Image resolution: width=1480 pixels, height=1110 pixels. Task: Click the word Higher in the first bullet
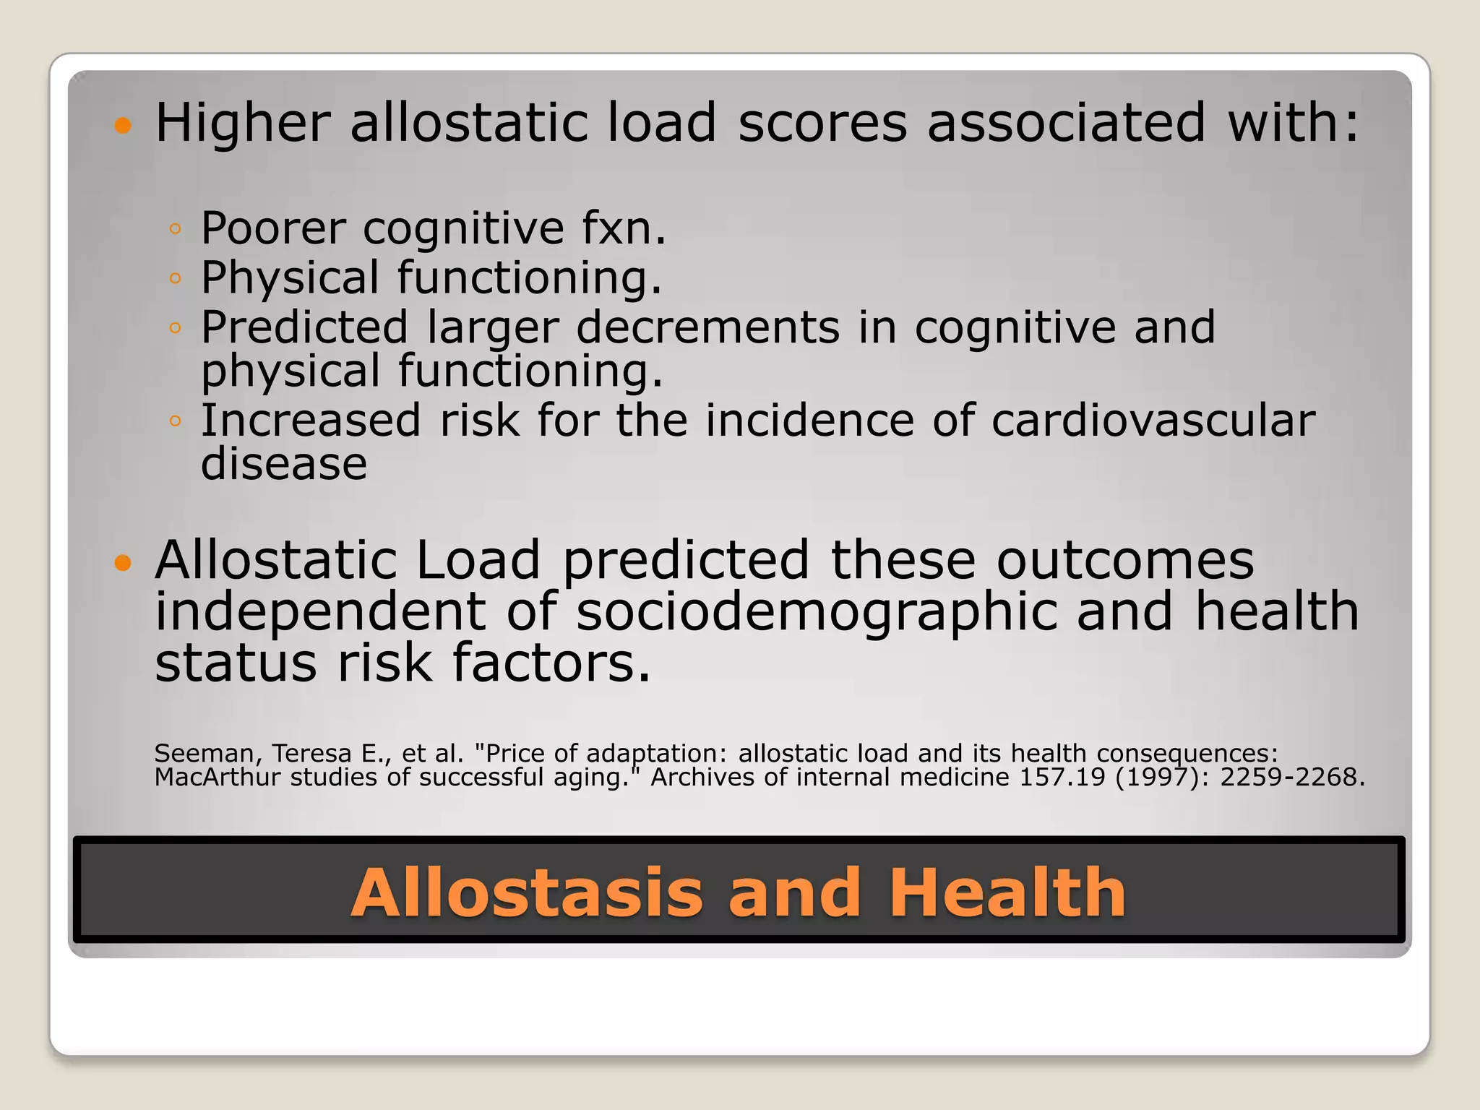[x=243, y=123]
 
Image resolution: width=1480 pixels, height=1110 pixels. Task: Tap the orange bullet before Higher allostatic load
[x=124, y=126]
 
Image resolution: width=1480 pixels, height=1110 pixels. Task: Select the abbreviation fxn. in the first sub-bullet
[x=624, y=228]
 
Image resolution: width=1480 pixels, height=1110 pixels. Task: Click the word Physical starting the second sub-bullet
[x=290, y=278]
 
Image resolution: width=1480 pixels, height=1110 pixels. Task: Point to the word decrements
[x=707, y=327]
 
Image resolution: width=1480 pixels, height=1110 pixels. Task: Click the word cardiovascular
[x=1153, y=421]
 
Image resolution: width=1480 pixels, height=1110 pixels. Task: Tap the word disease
[x=284, y=463]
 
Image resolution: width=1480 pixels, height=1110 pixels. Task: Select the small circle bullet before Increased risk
[x=174, y=421]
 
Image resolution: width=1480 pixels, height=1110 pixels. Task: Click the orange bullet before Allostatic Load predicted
[x=124, y=563]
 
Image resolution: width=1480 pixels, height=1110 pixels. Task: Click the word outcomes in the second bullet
[x=1125, y=560]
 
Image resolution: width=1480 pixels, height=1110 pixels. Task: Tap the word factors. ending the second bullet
[x=551, y=663]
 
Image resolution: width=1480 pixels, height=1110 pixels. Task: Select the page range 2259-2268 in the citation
[x=1291, y=778]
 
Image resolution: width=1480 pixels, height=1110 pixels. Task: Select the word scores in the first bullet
[x=822, y=123]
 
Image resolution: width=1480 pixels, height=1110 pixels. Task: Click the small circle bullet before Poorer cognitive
[x=174, y=229]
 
